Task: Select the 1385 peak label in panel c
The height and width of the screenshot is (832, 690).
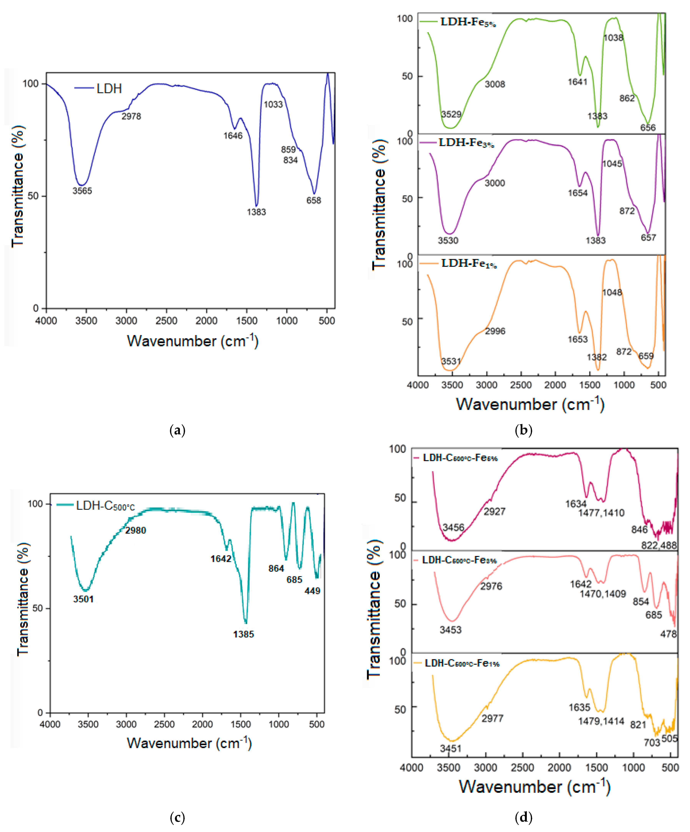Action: tap(243, 634)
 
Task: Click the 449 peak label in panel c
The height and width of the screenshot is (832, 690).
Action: tap(312, 591)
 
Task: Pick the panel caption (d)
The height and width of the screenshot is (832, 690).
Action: tap(523, 817)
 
